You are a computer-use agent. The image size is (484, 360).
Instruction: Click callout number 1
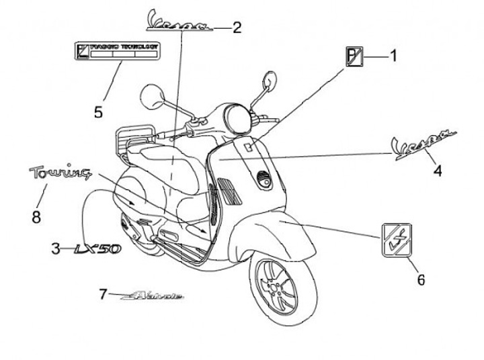pos(393,56)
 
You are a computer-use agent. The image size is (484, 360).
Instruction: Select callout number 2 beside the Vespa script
pos(236,27)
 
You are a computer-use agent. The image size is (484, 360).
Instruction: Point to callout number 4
pos(438,171)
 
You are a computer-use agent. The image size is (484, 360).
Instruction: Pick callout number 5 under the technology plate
pos(98,111)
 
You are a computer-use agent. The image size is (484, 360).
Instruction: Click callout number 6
pos(421,279)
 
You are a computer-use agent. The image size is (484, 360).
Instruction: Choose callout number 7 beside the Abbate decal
pos(103,294)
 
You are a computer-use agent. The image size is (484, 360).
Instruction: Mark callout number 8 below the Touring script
pos(36,216)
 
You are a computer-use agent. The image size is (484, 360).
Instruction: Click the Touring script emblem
pos(60,173)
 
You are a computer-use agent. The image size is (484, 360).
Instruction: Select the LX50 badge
pos(97,249)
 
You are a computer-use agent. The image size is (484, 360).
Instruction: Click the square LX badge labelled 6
pos(397,239)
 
